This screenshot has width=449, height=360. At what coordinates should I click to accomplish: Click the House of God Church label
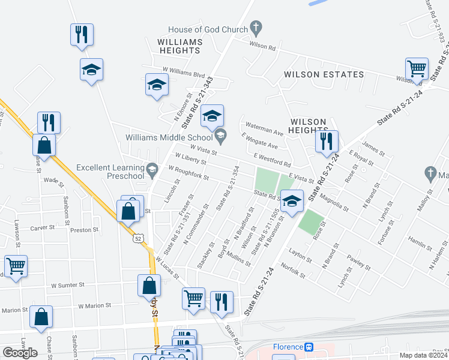point(208,29)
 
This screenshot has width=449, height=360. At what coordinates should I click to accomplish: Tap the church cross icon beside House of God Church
point(256,27)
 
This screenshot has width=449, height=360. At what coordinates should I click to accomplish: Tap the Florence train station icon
point(309,347)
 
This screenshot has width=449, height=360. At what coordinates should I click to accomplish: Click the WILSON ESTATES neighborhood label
point(324,74)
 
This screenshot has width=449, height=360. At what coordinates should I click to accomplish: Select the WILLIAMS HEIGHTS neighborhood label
point(179,46)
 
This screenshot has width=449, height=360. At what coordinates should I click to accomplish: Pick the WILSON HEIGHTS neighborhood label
point(308,126)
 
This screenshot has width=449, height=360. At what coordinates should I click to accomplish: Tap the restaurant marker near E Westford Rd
point(327,142)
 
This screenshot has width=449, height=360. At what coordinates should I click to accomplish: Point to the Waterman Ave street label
point(265,131)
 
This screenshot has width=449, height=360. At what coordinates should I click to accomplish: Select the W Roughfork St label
point(188,173)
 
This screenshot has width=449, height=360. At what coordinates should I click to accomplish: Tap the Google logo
point(20,352)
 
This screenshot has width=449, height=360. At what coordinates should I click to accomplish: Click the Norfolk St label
point(293,266)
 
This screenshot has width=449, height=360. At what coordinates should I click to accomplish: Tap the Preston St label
point(84,230)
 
